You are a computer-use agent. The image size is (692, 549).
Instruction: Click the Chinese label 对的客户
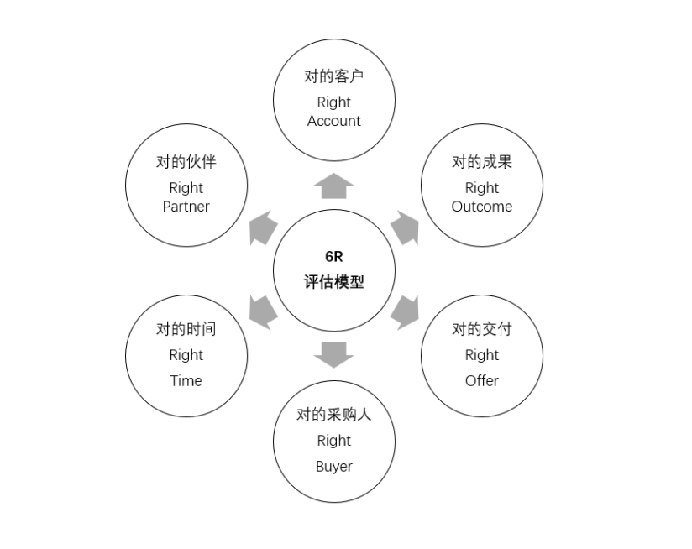334,76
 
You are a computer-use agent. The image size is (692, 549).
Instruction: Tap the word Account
334,121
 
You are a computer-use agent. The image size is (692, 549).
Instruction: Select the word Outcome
482,207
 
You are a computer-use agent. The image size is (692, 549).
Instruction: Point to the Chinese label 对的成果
482,162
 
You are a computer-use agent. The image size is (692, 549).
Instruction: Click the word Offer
482,380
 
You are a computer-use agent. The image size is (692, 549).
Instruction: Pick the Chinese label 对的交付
482,328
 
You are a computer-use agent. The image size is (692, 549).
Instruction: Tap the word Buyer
334,466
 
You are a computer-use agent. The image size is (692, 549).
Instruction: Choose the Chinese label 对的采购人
334,415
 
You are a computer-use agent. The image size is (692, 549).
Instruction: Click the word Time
186,380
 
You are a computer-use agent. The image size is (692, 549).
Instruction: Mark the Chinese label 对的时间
186,328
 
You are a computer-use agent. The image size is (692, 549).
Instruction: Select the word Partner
186,207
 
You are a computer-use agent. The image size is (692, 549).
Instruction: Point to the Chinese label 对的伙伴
186,162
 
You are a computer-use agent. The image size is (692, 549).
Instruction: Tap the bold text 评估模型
334,282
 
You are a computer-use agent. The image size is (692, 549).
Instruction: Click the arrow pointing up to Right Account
334,186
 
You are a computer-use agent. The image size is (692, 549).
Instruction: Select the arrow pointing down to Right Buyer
334,354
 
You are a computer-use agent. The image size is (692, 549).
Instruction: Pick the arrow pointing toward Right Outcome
406,227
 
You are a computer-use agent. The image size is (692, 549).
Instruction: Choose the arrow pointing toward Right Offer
406,311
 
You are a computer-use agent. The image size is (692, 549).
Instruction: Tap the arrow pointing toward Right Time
263,311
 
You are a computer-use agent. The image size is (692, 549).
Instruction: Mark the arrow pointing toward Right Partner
263,227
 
